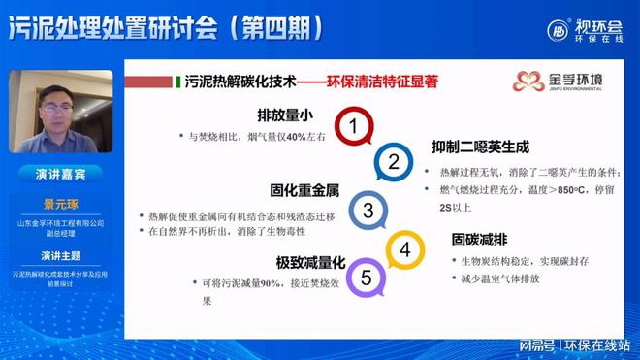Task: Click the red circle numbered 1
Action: [x=355, y=126]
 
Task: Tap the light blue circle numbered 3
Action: [x=368, y=211]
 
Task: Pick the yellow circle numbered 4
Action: [x=404, y=250]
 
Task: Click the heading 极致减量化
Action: [x=308, y=264]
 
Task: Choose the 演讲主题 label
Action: [x=59, y=256]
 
